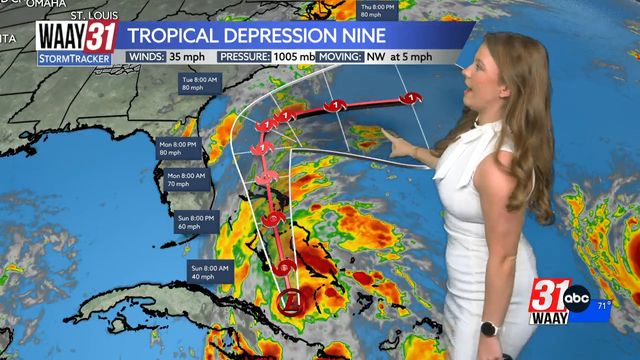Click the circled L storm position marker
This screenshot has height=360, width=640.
pos(288,300)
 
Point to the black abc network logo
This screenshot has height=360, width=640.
pos(577,297)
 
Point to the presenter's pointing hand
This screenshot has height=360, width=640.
pos(395,148)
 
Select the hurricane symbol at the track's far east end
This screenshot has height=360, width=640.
pos(410,98)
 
